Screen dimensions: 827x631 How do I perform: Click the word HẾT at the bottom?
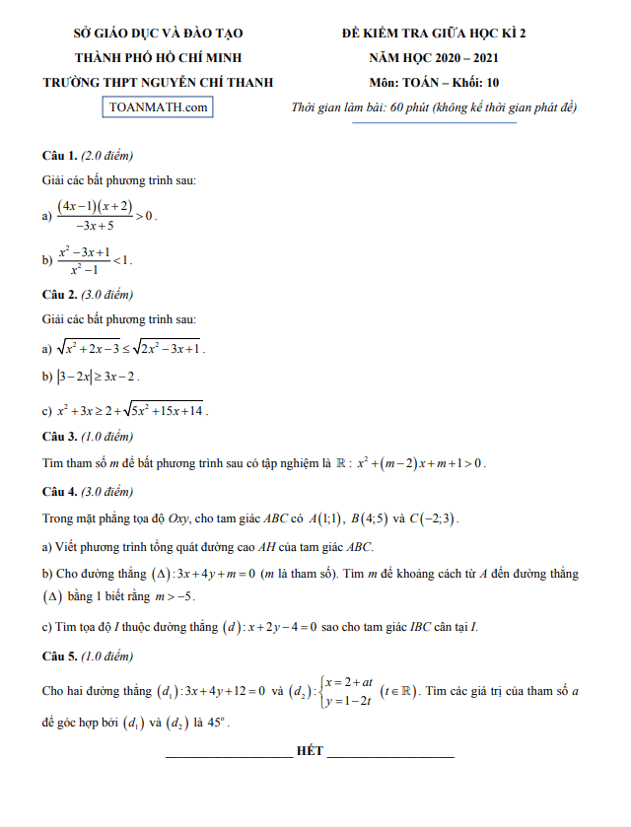[310, 751]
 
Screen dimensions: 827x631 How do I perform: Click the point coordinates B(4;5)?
[369, 518]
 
